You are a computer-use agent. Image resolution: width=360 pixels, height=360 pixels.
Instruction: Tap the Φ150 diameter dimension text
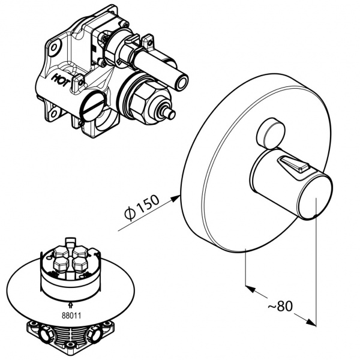click(141, 211)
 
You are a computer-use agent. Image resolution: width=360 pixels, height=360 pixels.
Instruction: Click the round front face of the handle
click(316, 197)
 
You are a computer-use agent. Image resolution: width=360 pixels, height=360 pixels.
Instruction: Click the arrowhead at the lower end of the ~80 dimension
click(313, 323)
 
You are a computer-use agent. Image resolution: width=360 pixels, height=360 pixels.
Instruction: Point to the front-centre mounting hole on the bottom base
click(73, 343)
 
